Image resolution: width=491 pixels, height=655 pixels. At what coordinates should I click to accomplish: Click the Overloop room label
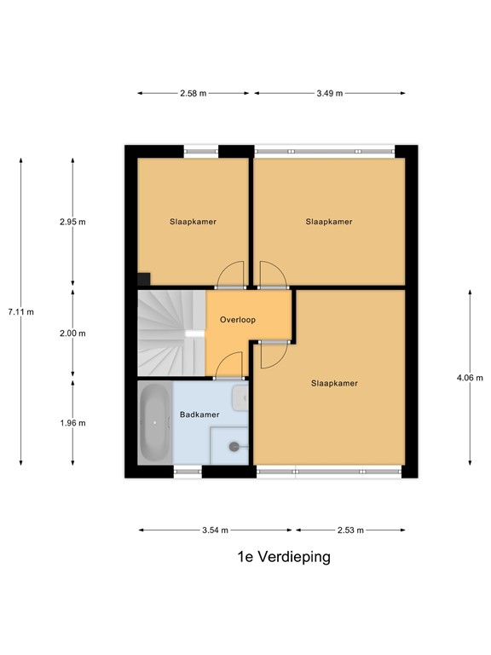click(238, 320)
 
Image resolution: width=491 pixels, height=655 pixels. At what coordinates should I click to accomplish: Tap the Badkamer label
click(199, 414)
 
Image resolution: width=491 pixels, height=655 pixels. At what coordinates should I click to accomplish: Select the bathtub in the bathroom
click(155, 422)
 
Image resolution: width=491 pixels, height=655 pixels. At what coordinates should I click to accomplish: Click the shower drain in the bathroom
click(234, 447)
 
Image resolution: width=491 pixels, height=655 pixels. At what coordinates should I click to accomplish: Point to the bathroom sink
click(240, 397)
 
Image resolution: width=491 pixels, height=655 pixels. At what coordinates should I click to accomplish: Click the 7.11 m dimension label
click(20, 311)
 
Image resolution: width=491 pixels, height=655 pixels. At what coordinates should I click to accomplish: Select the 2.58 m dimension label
click(194, 93)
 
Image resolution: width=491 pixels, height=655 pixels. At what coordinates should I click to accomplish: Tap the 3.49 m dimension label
click(329, 93)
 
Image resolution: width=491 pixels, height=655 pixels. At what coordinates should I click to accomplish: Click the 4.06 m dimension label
click(470, 378)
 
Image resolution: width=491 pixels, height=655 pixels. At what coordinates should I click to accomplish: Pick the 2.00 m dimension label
click(72, 333)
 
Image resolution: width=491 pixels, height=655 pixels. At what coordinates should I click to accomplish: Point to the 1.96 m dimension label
click(72, 423)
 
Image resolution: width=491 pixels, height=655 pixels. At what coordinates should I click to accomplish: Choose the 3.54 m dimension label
click(215, 530)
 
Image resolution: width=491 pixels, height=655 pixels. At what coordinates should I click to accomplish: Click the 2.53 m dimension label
click(350, 530)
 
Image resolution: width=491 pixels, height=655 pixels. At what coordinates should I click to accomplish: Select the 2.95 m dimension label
click(72, 222)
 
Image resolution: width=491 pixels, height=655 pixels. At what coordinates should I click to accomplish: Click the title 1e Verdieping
click(284, 557)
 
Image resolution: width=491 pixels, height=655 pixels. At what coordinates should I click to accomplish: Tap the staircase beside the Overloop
click(171, 333)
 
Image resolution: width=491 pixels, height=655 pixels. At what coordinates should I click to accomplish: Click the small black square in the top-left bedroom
click(144, 279)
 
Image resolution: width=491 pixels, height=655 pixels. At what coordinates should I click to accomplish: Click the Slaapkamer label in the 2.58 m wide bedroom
click(193, 222)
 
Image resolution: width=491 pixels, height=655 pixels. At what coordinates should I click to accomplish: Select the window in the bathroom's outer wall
click(188, 472)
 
